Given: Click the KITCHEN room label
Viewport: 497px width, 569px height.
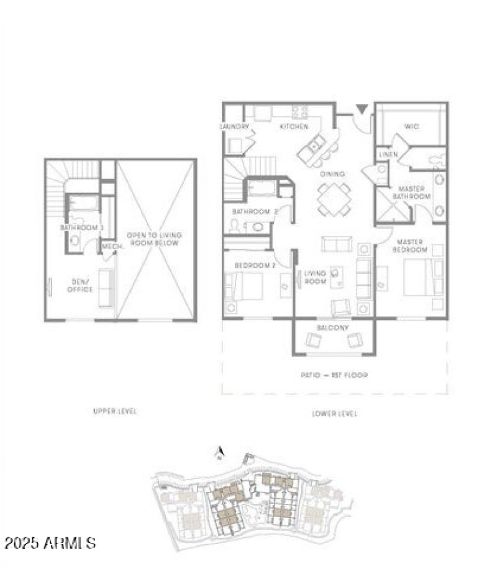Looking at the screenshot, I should [x=294, y=127].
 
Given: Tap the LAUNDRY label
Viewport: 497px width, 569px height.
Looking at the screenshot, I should [x=234, y=127].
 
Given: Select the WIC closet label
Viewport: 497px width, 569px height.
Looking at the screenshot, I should [x=411, y=127].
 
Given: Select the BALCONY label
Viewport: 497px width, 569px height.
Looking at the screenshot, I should [x=332, y=327].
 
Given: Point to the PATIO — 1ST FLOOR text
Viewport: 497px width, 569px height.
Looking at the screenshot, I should [x=335, y=375].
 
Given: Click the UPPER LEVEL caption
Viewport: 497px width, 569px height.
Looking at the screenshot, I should [x=114, y=411].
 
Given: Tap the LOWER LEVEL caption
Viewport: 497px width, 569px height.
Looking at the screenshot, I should [x=334, y=414].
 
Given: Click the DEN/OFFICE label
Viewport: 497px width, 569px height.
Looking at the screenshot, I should [x=80, y=286].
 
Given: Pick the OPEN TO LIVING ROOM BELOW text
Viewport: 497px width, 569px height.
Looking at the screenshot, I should [x=153, y=239].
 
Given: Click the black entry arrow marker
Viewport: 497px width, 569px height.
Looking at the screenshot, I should [x=361, y=110].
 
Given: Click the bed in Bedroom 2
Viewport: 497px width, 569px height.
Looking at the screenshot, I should [x=245, y=286].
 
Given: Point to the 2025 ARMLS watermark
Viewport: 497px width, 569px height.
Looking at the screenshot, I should [x=50, y=543].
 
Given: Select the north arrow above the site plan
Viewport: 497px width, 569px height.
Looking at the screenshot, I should [x=218, y=455].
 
